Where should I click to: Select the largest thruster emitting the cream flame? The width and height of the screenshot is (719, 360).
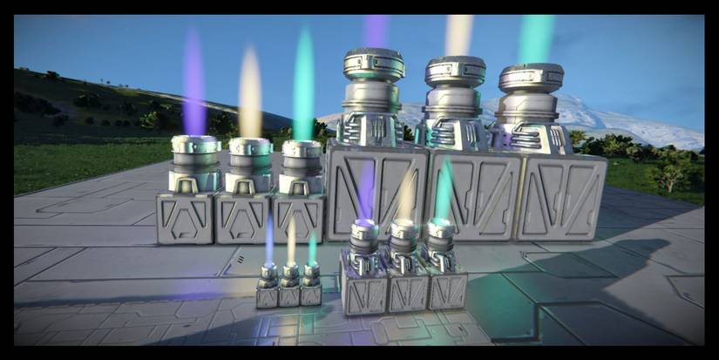point(454,101)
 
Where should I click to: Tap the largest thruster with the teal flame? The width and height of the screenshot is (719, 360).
point(530,105)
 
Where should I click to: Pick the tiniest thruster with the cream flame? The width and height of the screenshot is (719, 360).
point(290,278)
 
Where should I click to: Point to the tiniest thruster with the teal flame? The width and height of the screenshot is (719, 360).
point(310,278)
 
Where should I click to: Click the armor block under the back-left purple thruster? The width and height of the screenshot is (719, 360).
point(186,218)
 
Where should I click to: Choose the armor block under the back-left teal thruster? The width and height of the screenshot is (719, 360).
point(298,218)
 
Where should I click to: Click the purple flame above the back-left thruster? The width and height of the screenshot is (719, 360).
point(193,83)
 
